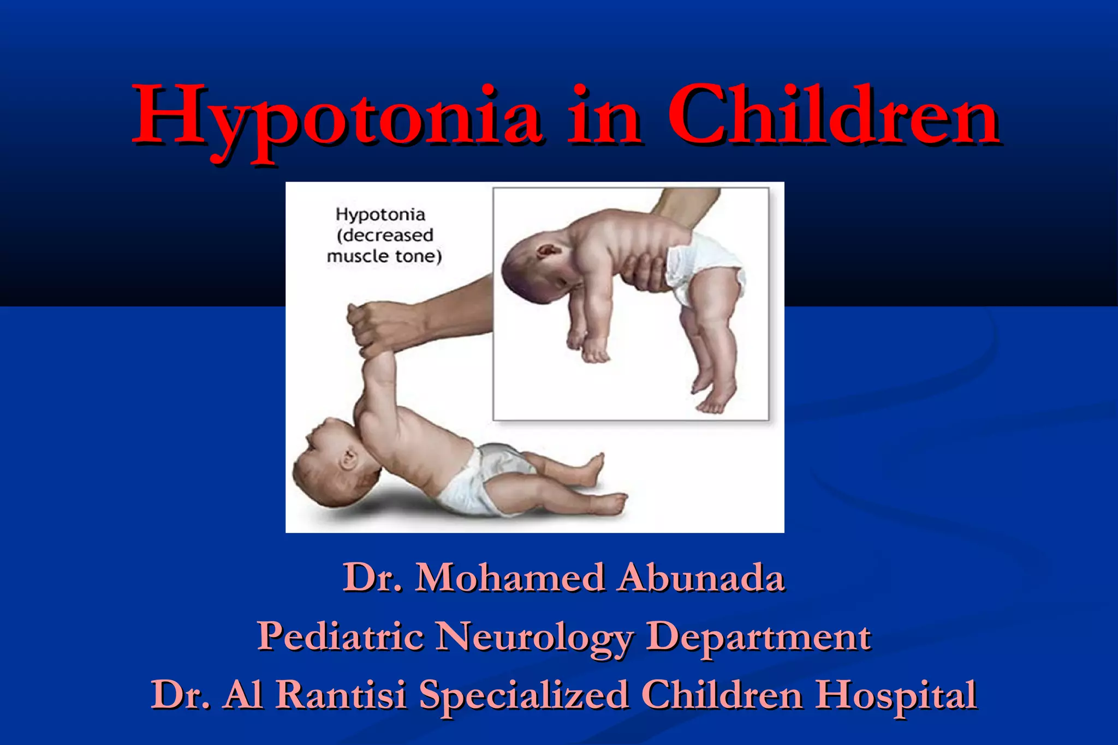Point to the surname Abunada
pos(701,577)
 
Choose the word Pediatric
pos(340,636)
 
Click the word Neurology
pos(535,637)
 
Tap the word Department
pos(758,637)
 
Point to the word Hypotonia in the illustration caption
pos(380,214)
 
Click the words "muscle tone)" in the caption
pos(384,256)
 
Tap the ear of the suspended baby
pos(547,251)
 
